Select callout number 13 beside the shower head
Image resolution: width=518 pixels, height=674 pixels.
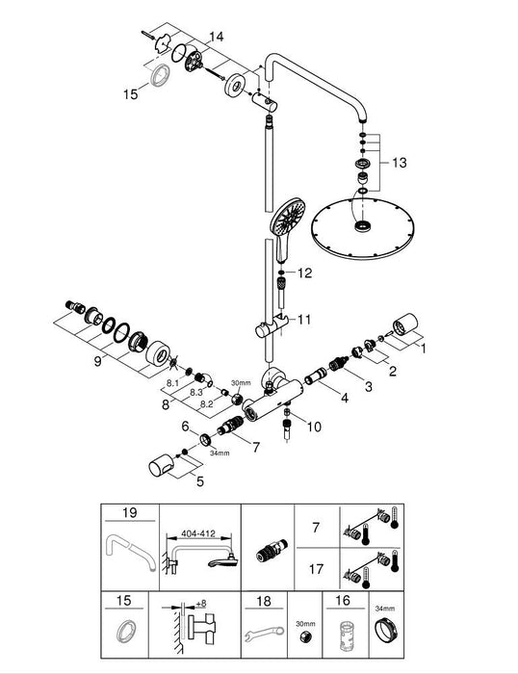tap(401, 162)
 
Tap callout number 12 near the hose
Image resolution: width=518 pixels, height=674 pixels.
tap(305, 273)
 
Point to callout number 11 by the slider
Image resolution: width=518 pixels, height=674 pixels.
tap(305, 319)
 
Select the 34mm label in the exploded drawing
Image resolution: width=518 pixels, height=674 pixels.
tap(220, 454)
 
